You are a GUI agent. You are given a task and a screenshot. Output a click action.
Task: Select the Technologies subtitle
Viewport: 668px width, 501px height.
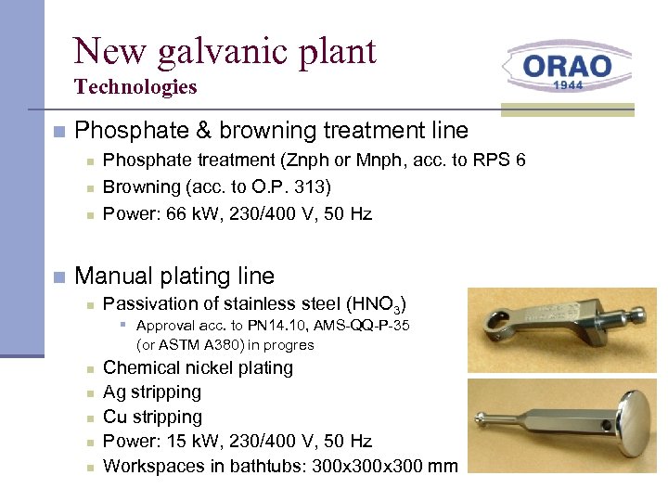[x=135, y=87]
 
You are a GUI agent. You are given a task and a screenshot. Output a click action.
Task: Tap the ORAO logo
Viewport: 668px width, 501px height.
[x=567, y=67]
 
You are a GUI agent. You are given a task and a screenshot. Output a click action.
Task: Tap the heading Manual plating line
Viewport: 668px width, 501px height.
[x=174, y=276]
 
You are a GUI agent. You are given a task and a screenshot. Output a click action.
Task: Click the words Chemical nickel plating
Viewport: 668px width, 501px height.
[x=198, y=367]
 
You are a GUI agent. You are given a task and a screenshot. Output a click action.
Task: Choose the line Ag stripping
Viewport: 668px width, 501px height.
[x=152, y=392]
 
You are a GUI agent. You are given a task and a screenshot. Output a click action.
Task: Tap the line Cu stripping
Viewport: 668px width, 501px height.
[x=152, y=417]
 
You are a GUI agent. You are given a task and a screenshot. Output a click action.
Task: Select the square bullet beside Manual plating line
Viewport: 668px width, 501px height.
[x=58, y=276]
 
